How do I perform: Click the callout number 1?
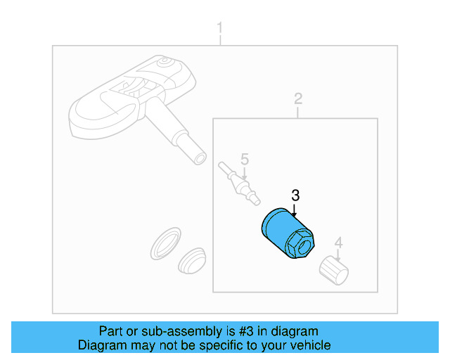click(x=220, y=28)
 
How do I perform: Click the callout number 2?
click(x=298, y=98)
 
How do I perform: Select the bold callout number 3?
click(x=295, y=195)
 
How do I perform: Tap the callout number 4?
click(x=339, y=243)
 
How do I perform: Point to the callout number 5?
click(x=245, y=159)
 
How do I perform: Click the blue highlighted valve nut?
click(x=288, y=233)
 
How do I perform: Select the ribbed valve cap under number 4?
click(x=334, y=271)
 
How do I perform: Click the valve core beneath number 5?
click(x=239, y=184)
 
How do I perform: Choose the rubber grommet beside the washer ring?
click(x=192, y=261)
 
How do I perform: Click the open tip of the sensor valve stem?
click(x=200, y=158)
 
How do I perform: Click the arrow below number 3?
click(x=294, y=210)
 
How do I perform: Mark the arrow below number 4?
click(x=337, y=255)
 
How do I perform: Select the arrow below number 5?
click(x=244, y=174)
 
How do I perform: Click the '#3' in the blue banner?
click(x=246, y=331)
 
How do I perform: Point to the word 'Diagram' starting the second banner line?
click(x=102, y=345)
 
